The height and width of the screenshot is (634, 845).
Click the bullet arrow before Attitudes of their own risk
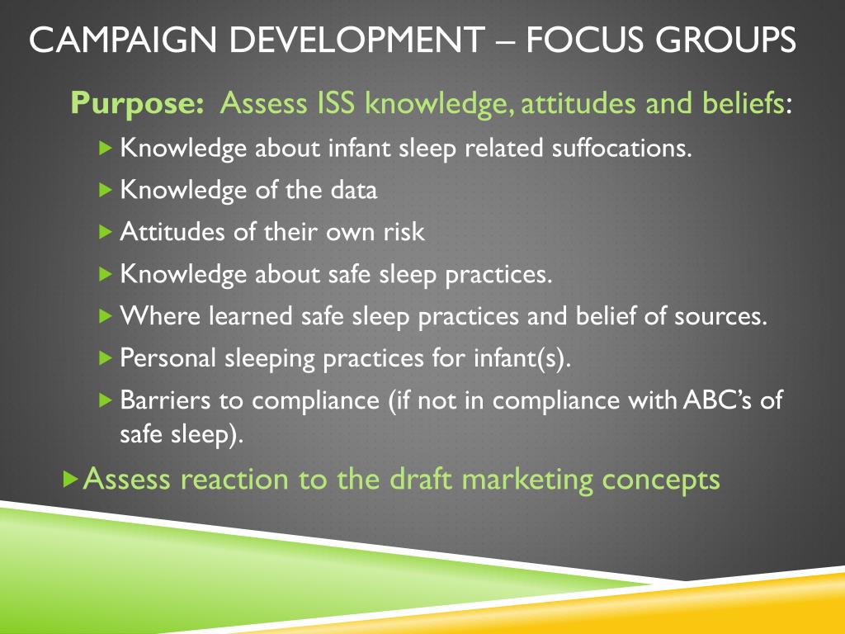(x=104, y=232)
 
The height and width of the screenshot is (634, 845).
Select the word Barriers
(x=164, y=400)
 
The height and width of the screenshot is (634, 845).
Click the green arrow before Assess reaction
(x=71, y=478)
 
